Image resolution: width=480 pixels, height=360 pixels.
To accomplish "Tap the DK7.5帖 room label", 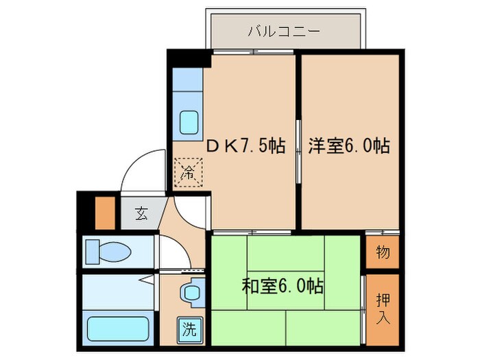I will pyautogui.click(x=247, y=146).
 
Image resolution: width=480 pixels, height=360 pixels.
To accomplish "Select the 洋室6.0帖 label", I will pyautogui.click(x=349, y=146).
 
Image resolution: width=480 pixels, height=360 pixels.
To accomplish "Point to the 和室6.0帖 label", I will pyautogui.click(x=283, y=285).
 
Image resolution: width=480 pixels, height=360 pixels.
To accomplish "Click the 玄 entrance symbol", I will pyautogui.click(x=141, y=213).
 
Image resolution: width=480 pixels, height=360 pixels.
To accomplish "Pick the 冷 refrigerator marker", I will pyautogui.click(x=187, y=171).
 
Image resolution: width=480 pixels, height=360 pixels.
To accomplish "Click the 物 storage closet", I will pyautogui.click(x=383, y=252).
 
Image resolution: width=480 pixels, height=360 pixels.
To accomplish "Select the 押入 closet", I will pyautogui.click(x=383, y=308).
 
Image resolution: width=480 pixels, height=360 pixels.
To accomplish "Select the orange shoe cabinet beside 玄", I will pyautogui.click(x=104, y=213).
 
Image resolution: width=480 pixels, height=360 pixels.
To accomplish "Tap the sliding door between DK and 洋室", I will pyautogui.click(x=298, y=151).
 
